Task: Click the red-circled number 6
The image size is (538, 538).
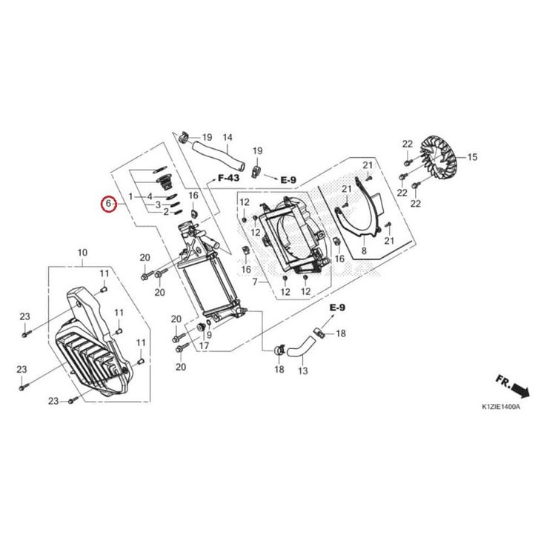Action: click(x=108, y=204)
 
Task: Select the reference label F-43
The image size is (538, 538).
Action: click(x=229, y=178)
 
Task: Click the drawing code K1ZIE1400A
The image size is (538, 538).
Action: click(x=501, y=407)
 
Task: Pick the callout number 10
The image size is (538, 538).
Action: click(x=82, y=253)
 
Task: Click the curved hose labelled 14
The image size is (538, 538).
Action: click(x=218, y=155)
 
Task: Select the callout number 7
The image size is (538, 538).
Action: click(x=255, y=282)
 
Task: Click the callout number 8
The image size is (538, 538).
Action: click(x=364, y=250)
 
